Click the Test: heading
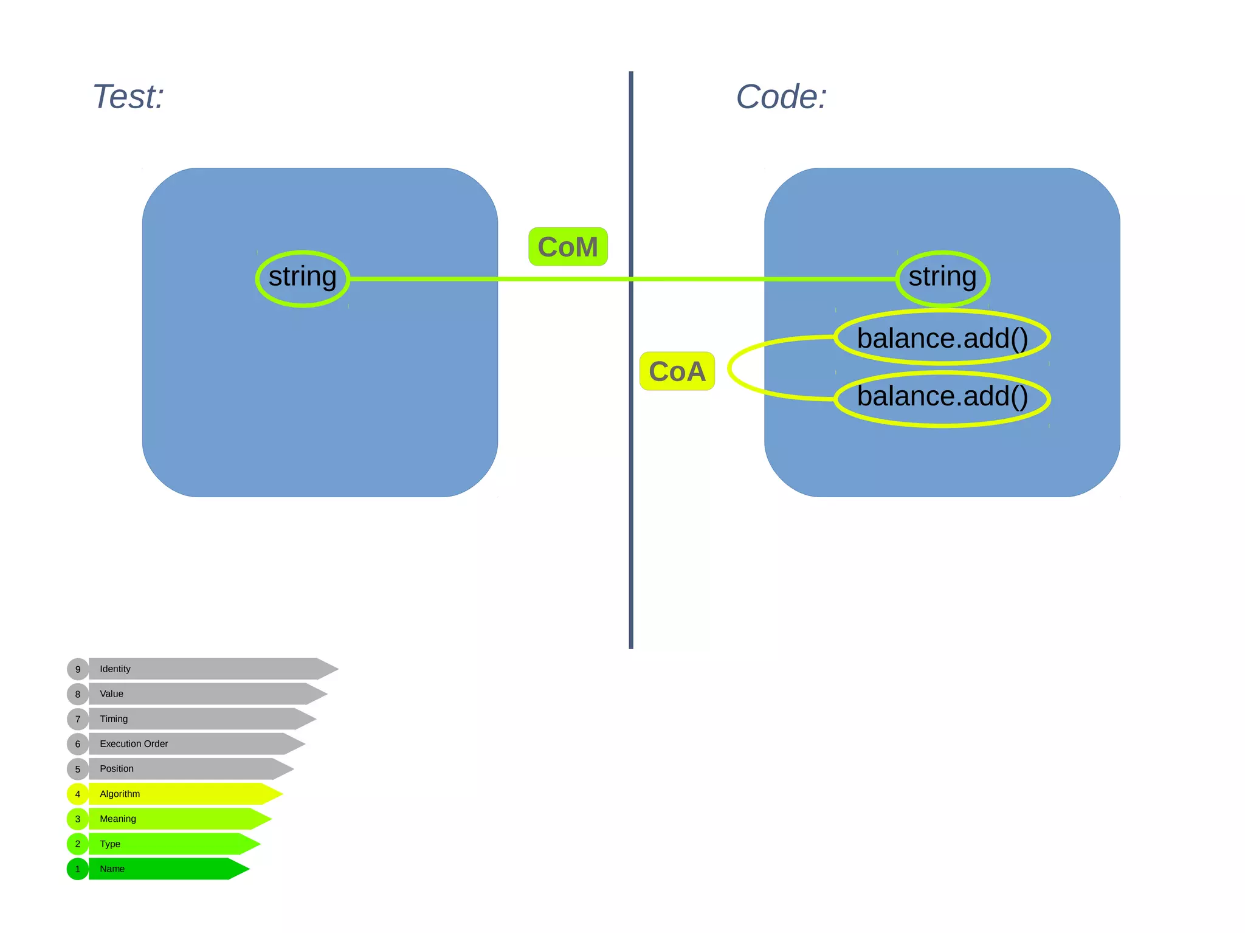click(x=128, y=97)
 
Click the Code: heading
click(x=781, y=97)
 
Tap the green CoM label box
click(x=568, y=247)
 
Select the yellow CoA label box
click(x=677, y=371)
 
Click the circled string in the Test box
click(x=303, y=278)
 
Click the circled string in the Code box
click(x=942, y=278)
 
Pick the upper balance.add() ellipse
click(x=942, y=337)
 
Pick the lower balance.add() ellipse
click(x=942, y=398)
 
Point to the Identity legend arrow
click(x=207, y=669)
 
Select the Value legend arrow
click(x=201, y=694)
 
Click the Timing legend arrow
click(x=195, y=718)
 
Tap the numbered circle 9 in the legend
click(x=78, y=669)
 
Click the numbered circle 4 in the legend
click(x=78, y=794)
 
